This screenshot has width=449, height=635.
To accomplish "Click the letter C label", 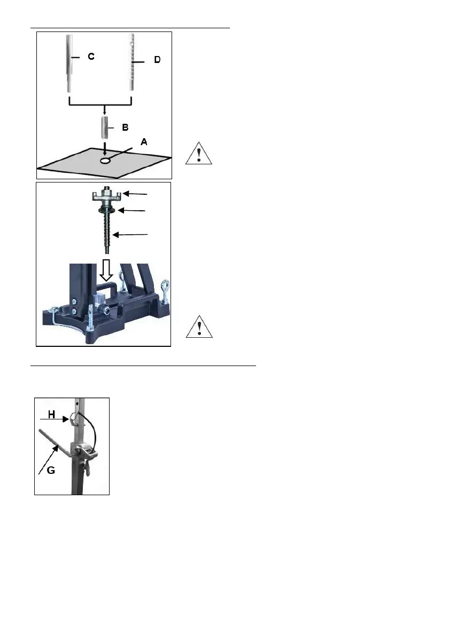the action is pos(91,57).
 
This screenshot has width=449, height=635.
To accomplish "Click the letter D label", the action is pos(157,60).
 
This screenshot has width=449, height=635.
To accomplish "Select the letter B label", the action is pos(125,128).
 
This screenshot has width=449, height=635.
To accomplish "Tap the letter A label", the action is pos(144,142).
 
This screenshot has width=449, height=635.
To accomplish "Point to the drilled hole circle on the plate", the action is pos(106,161).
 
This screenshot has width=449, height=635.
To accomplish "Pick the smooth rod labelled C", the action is pos(69,63).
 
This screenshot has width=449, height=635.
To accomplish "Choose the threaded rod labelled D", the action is pos(131,63).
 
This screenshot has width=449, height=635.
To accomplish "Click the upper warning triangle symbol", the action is pos(199,153).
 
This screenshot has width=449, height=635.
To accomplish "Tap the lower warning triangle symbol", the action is pos(199,327).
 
